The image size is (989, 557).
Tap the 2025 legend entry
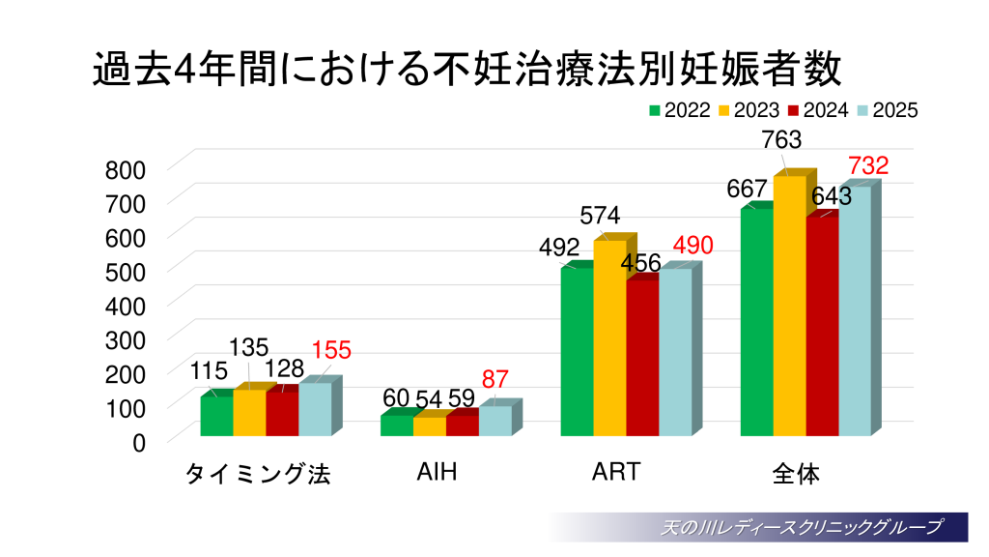887,110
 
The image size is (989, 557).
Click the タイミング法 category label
258,474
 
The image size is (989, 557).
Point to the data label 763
780,140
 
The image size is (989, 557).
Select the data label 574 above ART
600,215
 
